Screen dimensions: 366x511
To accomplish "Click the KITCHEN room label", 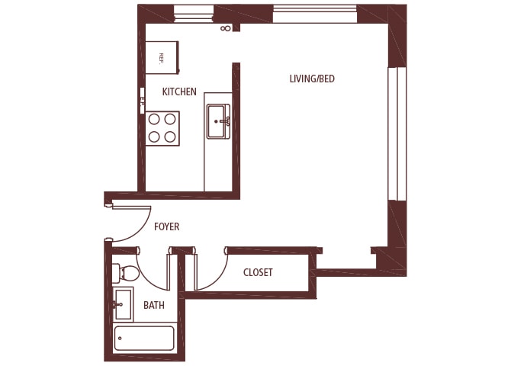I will [179, 91].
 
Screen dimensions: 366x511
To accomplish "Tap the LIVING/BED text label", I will [311, 79].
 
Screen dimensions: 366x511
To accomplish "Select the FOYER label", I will [166, 226].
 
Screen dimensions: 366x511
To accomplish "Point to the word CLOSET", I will [258, 272].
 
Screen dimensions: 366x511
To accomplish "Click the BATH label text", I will [155, 305].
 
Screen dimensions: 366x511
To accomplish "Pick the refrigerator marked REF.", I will [162, 57].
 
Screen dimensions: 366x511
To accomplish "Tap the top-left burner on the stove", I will [154, 119].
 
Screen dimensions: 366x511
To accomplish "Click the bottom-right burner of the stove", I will [170, 136].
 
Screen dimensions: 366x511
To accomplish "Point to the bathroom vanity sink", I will [122, 304].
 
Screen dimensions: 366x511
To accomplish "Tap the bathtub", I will [144, 338].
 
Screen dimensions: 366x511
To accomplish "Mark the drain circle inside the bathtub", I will [121, 338].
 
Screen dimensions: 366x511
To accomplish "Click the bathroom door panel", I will [169, 271].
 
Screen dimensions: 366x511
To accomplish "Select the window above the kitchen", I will [194, 13].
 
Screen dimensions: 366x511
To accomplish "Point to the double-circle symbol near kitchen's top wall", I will [226, 29].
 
